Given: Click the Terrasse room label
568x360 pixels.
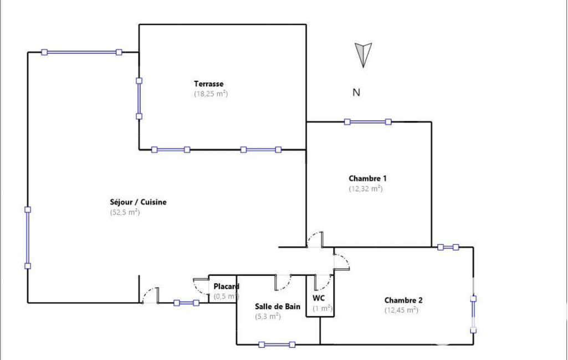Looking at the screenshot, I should click(x=208, y=84).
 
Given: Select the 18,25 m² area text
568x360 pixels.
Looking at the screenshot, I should click(x=211, y=94).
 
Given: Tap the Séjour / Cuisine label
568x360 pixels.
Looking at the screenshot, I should click(x=138, y=202).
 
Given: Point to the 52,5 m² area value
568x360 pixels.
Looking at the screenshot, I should click(x=125, y=212).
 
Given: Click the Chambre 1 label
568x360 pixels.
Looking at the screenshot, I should click(x=367, y=178).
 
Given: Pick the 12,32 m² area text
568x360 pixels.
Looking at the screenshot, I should click(x=365, y=188).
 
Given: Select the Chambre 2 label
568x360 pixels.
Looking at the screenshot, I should click(x=403, y=300).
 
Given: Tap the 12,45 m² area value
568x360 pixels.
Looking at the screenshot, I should click(x=401, y=310).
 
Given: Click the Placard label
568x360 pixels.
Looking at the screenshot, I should click(x=226, y=286).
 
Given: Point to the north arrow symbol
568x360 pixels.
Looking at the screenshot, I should click(x=363, y=54).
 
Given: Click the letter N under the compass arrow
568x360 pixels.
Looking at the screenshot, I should click(x=356, y=92).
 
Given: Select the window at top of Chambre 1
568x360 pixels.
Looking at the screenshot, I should click(x=367, y=122).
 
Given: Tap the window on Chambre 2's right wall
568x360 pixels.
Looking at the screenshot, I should click(x=473, y=314).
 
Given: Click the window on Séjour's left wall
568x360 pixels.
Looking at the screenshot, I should click(x=28, y=238).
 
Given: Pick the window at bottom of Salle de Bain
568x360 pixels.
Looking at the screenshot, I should click(x=277, y=344).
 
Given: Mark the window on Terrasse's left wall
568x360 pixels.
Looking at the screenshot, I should click(x=139, y=98).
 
